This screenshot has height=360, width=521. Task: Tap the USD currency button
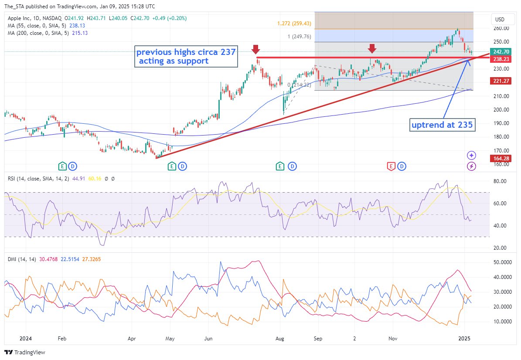click(499, 20)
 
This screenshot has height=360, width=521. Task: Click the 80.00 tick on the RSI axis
click(500, 181)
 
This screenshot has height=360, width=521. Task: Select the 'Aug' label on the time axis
click(280, 338)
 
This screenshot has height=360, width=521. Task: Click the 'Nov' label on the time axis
click(393, 338)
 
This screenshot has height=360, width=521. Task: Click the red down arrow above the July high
click(256, 49)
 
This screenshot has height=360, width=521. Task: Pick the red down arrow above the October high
click(372, 48)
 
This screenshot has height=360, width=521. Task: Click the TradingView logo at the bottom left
click(25, 352)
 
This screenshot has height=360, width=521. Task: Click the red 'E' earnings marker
click(392, 166)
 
